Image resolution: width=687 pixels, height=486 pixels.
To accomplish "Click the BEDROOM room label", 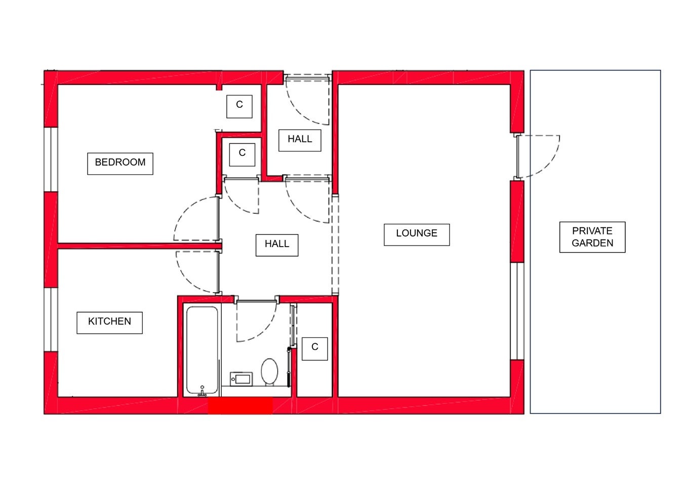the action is pos(120,164).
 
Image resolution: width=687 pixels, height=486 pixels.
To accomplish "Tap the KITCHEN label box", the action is pos(109,323).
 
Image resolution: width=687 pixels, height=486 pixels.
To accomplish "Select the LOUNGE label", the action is pos(417,235).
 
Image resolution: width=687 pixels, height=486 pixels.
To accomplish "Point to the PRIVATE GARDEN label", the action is pos(592,237).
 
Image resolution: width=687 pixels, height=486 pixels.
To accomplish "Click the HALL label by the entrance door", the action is pos(300,140).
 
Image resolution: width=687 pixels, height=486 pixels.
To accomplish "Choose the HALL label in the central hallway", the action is pos(277,246).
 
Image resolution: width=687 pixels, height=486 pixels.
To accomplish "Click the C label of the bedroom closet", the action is pos(239,106).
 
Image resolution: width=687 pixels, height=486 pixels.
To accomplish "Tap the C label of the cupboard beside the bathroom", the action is pos(315,349).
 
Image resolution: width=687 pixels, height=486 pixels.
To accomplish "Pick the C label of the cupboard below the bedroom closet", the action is pos(243,155).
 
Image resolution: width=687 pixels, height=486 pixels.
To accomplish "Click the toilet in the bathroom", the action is pos(270,371).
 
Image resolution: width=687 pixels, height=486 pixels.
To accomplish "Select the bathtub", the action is pos(202,350).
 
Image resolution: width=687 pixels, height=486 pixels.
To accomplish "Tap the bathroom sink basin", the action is pos(241,379).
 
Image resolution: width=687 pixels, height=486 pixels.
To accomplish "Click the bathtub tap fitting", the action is pos(202,391).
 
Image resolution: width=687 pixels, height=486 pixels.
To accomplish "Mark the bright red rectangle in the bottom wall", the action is pos(240,406).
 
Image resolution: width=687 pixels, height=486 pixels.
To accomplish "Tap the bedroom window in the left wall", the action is pos(51,159).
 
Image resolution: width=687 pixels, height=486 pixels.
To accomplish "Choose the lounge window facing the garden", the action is pos(517,311).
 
